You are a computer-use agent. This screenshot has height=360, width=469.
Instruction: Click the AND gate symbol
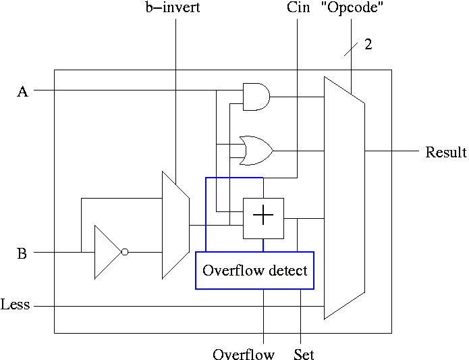tap(256, 97)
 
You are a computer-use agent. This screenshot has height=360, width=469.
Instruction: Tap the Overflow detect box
tap(255, 270)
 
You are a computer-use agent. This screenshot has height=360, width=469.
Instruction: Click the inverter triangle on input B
tap(107, 252)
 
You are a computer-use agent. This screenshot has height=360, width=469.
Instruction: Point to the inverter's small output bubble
tap(125, 252)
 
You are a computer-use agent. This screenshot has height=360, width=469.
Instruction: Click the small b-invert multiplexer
tap(175, 225)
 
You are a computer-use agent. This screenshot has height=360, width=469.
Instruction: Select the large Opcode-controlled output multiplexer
tap(344, 197)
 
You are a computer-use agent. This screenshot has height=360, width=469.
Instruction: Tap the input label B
tap(22, 255)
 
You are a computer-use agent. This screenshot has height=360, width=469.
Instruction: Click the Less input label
tap(16, 305)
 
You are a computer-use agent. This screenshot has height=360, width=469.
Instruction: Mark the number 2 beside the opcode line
tap(368, 45)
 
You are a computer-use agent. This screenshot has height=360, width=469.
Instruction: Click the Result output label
tap(445, 153)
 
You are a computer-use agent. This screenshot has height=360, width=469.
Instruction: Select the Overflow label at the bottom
tap(244, 355)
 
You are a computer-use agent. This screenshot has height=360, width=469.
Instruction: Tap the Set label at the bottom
tap(304, 355)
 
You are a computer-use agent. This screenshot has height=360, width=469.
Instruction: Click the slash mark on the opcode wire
tap(351, 49)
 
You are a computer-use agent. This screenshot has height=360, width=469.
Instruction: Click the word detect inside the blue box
tap(287, 271)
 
